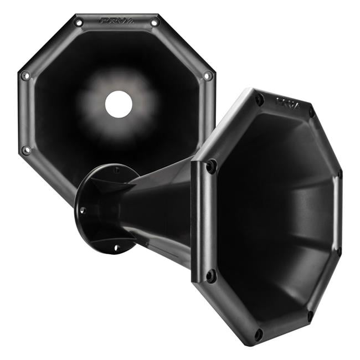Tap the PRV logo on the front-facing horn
click(117, 20)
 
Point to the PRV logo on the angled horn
click(288, 104)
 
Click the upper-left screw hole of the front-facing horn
click(79, 22)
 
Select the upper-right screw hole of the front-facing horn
click(155, 22)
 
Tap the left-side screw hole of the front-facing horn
click(25, 76)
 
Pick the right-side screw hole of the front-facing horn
click(208, 75)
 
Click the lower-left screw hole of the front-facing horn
click(25, 150)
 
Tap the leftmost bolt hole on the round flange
click(82, 210)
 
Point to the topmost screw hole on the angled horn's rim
click(259, 100)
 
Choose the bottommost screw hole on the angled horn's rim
click(259, 334)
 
